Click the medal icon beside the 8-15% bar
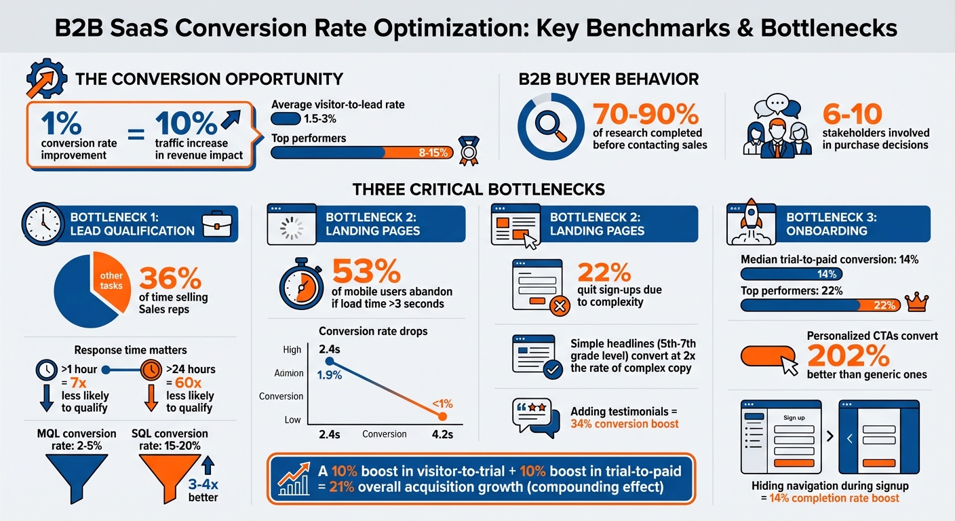467,151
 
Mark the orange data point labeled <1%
442,416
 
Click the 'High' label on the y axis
292,350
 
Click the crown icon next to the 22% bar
917,303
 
